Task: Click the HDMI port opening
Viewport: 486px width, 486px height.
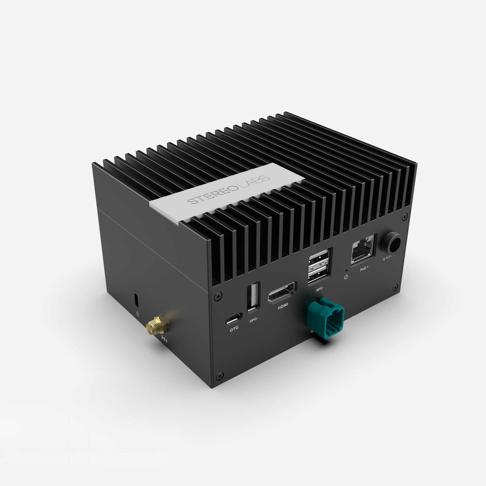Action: (x=282, y=293)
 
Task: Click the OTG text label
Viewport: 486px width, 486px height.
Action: (x=234, y=328)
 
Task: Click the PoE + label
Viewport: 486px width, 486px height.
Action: (x=364, y=269)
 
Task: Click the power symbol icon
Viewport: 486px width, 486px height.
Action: (x=346, y=277)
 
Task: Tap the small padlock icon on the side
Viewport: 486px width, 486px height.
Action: (x=138, y=314)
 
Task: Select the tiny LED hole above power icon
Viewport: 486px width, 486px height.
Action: (x=347, y=270)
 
